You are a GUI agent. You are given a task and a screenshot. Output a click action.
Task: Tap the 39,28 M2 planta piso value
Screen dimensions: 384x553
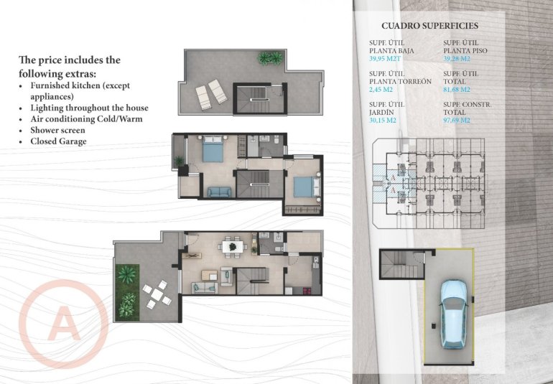(457, 60)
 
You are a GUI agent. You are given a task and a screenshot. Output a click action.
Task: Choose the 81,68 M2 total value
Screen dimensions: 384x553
(457, 90)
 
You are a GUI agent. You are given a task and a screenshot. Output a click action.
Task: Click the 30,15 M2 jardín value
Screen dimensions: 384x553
(386, 121)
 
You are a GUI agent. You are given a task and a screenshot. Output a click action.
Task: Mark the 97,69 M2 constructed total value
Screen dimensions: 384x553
(457, 121)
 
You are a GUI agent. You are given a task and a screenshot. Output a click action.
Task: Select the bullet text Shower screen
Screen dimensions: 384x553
(57, 131)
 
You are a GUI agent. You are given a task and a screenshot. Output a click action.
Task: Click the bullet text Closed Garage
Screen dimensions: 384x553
(58, 141)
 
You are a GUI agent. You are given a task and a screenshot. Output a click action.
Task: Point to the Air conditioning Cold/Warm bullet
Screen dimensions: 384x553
(90, 119)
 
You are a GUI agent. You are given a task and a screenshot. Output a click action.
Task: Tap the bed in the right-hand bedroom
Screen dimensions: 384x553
(302, 187)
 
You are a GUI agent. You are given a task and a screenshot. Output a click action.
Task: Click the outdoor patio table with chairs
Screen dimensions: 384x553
(156, 294)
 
